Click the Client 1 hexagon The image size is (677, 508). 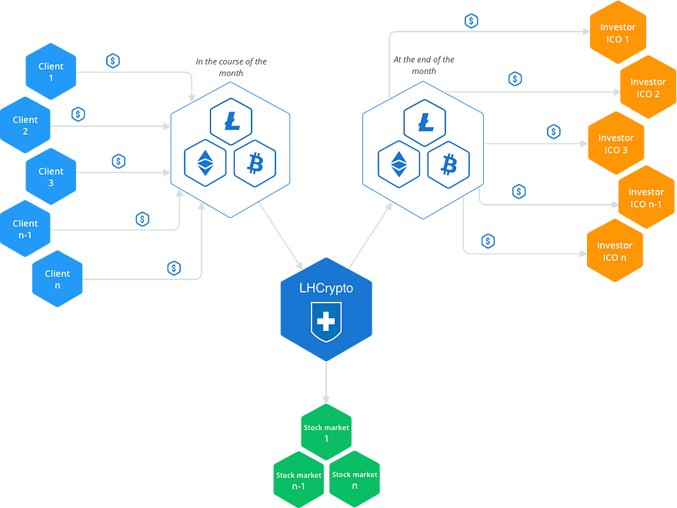coord(51,72)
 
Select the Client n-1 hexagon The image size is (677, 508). coord(25,229)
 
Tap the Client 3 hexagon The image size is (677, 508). coord(51,176)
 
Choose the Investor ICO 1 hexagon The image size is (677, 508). coord(618,32)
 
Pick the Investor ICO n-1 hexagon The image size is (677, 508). coord(646,197)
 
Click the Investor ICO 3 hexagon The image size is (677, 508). coord(616,143)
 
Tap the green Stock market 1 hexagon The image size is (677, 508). coord(326,432)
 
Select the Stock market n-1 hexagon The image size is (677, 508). coord(298,480)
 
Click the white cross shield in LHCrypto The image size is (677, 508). coord(326,322)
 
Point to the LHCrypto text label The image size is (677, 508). coord(326,288)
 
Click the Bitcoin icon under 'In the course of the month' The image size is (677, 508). coord(255,164)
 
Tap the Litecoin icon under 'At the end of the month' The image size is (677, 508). coord(425,122)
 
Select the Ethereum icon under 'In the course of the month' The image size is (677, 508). coord(205,163)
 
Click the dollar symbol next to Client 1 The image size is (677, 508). coord(112,61)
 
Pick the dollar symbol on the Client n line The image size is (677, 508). coord(174,269)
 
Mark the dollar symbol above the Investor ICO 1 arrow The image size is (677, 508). coord(471,21)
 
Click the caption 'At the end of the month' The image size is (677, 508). coord(424,65)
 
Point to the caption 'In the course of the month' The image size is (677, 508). coord(231,67)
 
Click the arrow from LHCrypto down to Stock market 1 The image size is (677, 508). coord(326,383)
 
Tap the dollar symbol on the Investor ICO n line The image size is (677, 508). coord(488,241)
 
